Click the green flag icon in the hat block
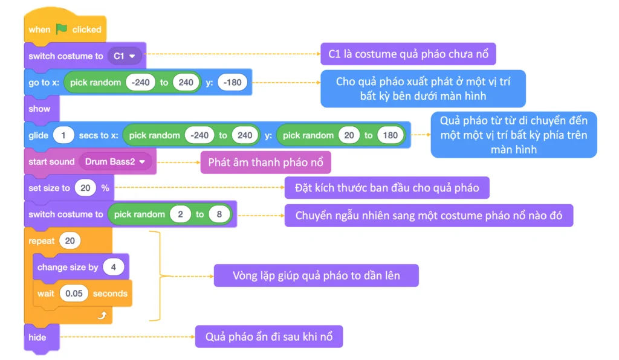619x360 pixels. (62, 29)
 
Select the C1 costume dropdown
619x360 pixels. (125, 56)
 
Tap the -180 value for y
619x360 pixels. (233, 83)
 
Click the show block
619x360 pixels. (39, 109)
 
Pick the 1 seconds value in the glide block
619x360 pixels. (63, 135)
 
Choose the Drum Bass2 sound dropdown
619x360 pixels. (115, 162)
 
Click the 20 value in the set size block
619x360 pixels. (85, 188)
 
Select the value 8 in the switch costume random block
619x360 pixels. (219, 214)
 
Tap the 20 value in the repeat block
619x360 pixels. (70, 241)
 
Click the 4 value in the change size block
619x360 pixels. (112, 267)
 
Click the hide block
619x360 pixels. (37, 337)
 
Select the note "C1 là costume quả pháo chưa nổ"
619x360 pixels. (408, 54)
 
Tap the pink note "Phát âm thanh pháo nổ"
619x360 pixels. (265, 162)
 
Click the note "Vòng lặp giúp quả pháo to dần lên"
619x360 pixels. (316, 276)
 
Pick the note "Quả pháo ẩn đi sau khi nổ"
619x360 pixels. (268, 336)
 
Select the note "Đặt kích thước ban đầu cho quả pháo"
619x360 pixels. (387, 188)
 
